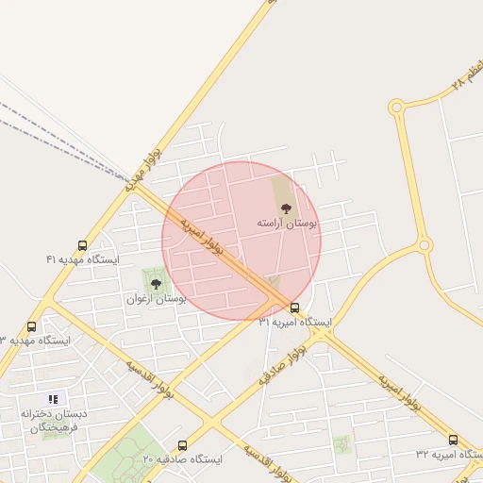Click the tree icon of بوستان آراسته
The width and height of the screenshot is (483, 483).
(286, 208)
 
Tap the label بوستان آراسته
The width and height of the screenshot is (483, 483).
(287, 224)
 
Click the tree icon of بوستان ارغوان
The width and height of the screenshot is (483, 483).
(156, 282)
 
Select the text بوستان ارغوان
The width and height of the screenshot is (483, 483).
(157, 298)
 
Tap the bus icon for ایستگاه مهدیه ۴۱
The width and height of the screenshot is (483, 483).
(83, 245)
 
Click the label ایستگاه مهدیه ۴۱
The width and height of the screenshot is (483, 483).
(82, 258)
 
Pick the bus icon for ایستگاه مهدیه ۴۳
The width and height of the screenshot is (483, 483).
(32, 326)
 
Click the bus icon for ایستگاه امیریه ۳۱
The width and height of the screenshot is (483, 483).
(295, 308)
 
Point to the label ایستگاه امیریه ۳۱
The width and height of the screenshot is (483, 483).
(295, 322)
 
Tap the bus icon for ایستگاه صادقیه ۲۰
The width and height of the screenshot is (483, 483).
(182, 445)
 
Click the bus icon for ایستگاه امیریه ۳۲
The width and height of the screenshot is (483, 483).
(454, 440)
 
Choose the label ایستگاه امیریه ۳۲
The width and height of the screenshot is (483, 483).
(449, 454)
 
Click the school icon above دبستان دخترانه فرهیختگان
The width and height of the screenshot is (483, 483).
(53, 399)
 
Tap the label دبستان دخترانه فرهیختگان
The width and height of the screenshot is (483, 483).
(53, 421)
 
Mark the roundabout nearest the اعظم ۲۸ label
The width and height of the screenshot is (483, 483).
(396, 108)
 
